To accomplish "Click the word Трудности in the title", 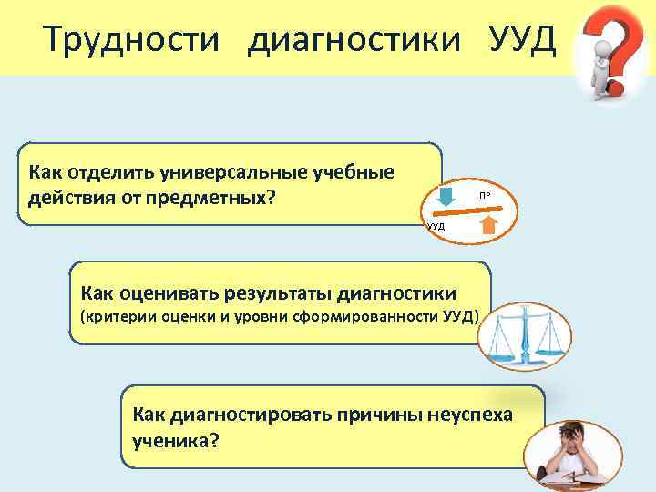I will (131, 39).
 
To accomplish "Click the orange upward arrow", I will (487, 224).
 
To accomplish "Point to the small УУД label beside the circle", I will (435, 225).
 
